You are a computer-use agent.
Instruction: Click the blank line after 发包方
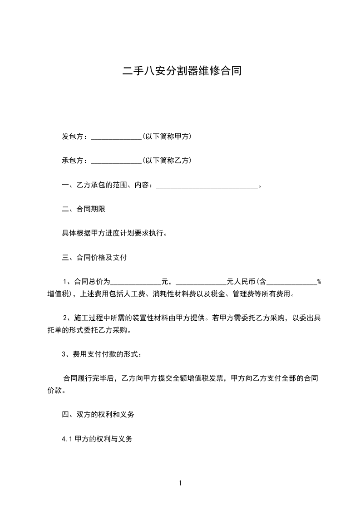(117, 137)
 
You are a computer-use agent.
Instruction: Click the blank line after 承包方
(117, 161)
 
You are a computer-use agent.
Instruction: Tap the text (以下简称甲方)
(166, 136)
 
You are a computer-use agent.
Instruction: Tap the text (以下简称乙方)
(166, 160)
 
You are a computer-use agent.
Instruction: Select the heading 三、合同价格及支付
(94, 258)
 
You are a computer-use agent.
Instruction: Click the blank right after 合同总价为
(135, 282)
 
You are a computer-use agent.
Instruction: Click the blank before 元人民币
(201, 282)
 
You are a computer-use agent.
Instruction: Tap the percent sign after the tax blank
(319, 282)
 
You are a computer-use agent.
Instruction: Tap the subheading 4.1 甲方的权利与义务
(97, 439)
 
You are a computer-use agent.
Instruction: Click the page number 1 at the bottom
(180, 483)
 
